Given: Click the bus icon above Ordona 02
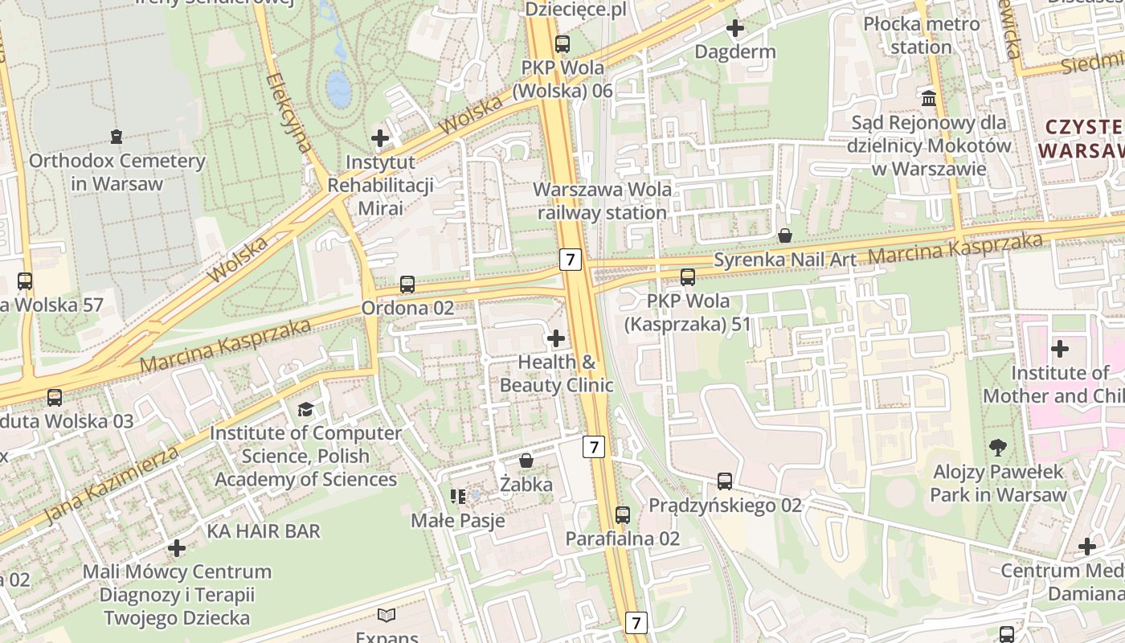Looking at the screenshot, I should coord(407,285).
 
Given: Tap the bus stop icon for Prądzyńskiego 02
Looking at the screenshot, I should coord(725,481).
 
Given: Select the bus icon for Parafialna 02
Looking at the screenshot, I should coord(623,515).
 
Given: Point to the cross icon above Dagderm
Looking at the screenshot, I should coord(734,29).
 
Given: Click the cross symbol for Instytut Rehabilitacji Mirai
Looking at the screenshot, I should coord(380,138).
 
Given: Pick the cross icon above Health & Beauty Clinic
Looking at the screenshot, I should coord(555,338).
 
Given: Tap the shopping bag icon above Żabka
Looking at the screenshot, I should coord(526,461).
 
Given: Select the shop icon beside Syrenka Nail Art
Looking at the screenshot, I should coord(785,235).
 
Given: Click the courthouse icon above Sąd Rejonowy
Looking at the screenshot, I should coord(929,98).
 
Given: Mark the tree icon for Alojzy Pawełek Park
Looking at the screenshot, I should coord(998,447).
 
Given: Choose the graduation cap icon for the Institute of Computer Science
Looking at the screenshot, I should coord(305,410).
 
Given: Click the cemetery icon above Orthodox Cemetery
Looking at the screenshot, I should coord(117,136).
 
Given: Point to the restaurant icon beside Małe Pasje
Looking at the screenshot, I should coord(458,497).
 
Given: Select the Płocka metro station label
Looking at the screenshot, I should coord(921,35).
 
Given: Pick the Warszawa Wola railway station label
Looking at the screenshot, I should coord(602,202).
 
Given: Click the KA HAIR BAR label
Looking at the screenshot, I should coord(264,531).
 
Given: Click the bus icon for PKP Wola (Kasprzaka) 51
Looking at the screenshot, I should coord(688,277).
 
